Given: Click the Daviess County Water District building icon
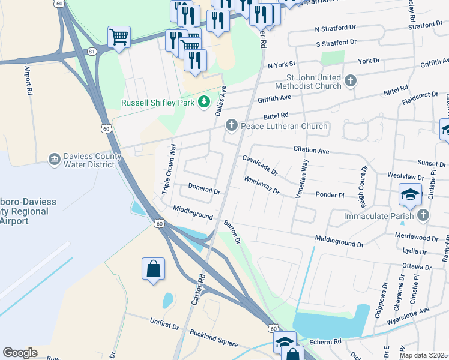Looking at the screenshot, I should point(55,158).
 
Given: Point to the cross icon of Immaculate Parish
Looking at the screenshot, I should point(424,215).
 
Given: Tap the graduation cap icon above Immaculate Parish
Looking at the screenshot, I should point(410,194).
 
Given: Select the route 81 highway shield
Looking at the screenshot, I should point(91,52).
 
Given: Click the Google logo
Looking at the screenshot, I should point(20,353).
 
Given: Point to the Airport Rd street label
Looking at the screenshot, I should point(28,81).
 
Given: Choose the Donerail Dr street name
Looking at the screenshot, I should point(205,188).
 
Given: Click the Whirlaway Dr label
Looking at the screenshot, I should point(262,185).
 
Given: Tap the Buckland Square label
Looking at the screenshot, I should point(214,338).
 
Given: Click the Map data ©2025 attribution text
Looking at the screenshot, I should point(423,355).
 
